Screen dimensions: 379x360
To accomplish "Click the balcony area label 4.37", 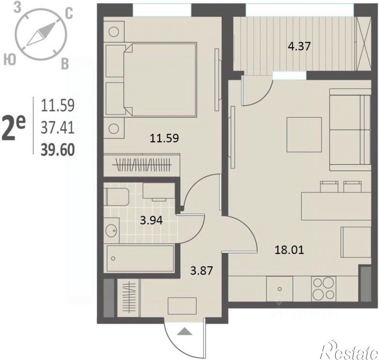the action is pos(299,46).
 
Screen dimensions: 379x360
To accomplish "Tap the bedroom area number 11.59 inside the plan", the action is pos(164,138).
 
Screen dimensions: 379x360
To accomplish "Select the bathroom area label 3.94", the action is pos(152,220).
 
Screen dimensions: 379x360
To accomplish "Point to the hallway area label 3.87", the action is pos(202,270).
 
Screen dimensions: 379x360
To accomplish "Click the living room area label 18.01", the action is pos(289,250).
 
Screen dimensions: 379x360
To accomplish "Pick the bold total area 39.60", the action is pos(58,150).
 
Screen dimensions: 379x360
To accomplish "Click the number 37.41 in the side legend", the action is pos(58,128).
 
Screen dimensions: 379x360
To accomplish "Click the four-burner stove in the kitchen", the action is pos(324,289).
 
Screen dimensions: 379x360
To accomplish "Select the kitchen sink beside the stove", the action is pos(280,289).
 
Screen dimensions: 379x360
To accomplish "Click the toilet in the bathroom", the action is pos(117,197).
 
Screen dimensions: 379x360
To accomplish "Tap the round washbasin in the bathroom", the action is pos(111,230).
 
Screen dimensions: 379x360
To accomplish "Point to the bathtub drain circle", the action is pos(113,258).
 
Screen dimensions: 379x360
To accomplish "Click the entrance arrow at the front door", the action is pos(185,331).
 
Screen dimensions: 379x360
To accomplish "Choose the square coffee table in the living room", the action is pos(304,134).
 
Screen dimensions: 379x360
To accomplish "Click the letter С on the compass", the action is pos(68,14).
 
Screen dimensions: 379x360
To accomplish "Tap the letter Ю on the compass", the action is pos(10,59).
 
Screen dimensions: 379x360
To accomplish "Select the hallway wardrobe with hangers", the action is pos(129,298).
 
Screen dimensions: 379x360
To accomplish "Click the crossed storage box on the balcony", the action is pos(363,44).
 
